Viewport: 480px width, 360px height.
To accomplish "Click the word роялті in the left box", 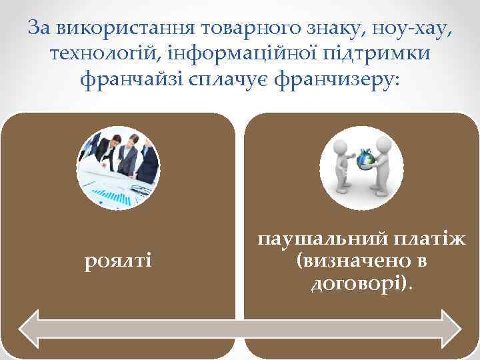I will [118, 259].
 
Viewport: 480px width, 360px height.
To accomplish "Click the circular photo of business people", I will [118, 167].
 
